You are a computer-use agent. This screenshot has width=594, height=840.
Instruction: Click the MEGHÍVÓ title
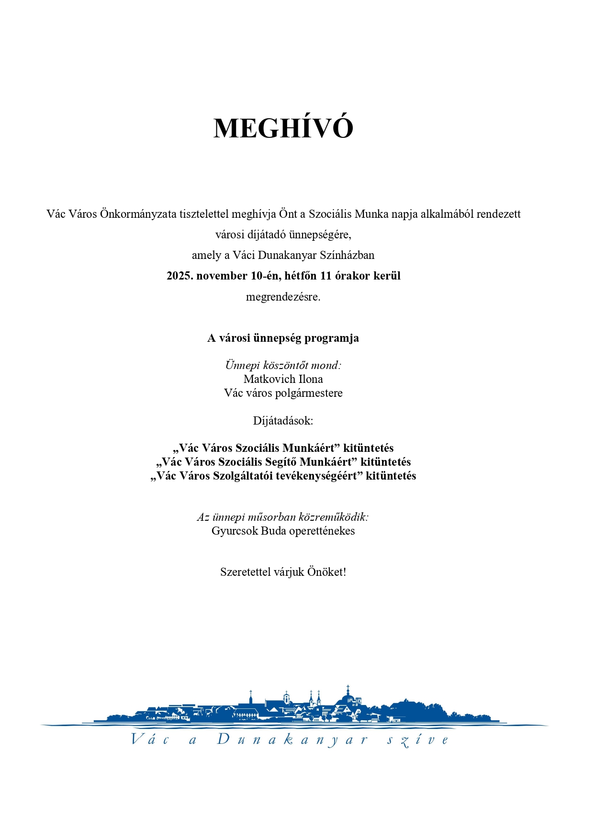[x=283, y=128]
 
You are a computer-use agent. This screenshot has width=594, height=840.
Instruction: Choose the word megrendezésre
[x=283, y=297]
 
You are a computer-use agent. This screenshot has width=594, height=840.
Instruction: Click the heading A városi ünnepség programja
[x=283, y=338]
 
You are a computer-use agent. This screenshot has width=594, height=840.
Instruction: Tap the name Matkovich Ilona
[x=283, y=379]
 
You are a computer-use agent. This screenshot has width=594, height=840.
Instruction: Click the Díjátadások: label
[x=283, y=421]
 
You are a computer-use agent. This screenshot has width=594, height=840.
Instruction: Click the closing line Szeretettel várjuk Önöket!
[x=283, y=572]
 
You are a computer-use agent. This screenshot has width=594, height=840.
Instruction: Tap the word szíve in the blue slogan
[x=418, y=740]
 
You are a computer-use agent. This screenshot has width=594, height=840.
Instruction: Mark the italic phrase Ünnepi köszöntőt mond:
[x=283, y=365]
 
